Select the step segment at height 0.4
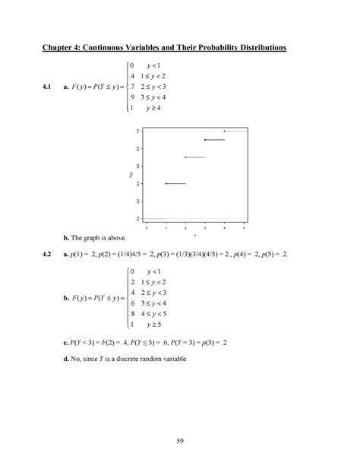(175, 183)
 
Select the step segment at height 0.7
(195, 157)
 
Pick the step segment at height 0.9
(215, 140)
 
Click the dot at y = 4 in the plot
(225, 131)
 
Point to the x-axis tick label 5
(244, 227)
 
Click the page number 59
(180, 439)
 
